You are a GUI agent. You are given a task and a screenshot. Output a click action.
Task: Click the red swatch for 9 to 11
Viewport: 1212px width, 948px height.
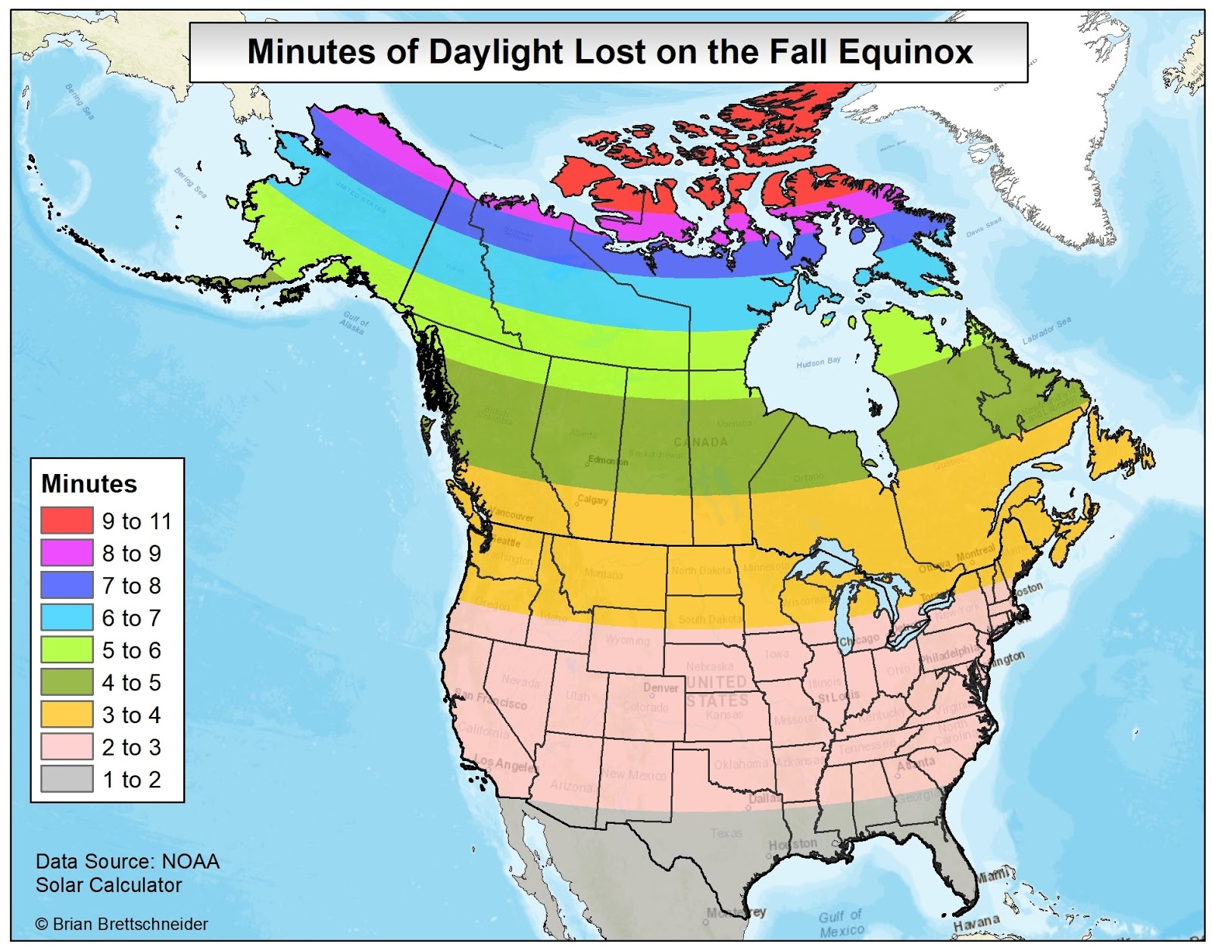click(67, 521)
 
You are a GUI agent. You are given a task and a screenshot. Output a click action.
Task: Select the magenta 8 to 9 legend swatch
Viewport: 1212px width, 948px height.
click(67, 553)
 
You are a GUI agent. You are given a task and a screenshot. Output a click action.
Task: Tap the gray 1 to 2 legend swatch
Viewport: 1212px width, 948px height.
click(67, 779)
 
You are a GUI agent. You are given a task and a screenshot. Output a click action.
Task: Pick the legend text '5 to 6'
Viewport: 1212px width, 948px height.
click(131, 650)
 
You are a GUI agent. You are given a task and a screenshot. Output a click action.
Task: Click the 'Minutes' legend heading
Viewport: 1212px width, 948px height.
click(89, 484)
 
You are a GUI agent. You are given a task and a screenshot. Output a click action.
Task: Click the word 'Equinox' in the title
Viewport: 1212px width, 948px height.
click(905, 52)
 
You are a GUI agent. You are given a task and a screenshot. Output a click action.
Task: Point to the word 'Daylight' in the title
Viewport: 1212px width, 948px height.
click(495, 52)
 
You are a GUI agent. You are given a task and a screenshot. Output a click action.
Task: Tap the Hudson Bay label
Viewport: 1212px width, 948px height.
click(818, 363)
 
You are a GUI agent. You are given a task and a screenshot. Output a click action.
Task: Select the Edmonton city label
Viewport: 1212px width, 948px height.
click(608, 460)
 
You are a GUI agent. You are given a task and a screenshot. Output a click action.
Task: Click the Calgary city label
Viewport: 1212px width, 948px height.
click(592, 500)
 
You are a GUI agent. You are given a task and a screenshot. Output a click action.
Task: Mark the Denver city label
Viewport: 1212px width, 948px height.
click(661, 688)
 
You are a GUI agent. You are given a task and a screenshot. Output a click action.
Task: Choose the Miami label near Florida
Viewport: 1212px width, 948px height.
click(992, 875)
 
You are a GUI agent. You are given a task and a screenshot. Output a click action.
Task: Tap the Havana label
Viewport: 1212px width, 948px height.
click(976, 923)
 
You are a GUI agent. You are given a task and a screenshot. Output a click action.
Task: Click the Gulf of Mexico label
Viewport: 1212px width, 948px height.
click(841, 923)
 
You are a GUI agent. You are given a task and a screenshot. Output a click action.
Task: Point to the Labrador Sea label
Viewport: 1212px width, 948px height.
click(1046, 331)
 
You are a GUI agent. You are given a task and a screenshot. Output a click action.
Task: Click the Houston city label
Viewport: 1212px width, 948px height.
click(793, 844)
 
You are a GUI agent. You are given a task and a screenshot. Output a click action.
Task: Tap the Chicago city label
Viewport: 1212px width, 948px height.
click(859, 640)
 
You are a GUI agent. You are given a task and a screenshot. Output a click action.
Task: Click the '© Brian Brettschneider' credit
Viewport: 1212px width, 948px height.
click(121, 924)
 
